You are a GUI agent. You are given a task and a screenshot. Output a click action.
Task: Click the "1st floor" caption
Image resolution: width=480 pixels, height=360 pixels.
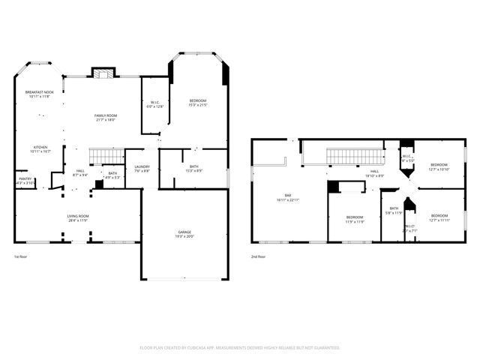coord(22,257)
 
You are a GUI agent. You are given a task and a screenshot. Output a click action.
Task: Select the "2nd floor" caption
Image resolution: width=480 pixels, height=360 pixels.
coord(259,257)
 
